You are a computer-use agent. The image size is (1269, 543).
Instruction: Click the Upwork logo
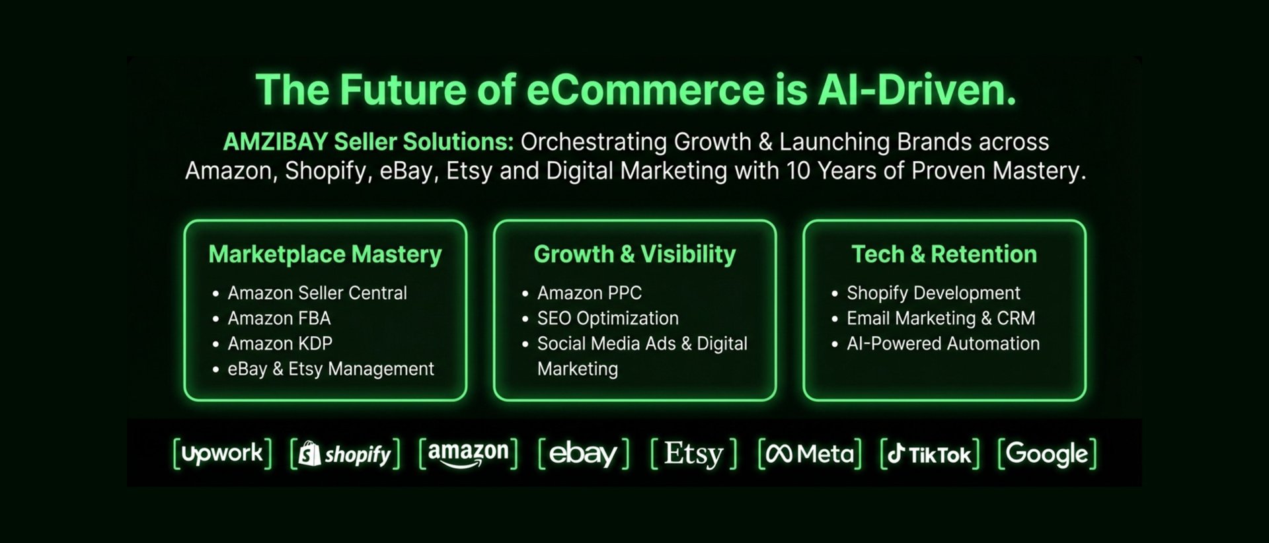coord(222,454)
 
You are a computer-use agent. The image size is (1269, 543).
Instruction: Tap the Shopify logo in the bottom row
coord(345,454)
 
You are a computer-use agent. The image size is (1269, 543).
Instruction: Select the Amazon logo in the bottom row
coord(468,453)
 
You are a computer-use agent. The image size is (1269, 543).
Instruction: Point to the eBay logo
coord(583,454)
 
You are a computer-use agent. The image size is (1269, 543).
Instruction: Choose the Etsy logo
coord(693,454)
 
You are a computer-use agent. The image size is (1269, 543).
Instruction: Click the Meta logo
coord(810,454)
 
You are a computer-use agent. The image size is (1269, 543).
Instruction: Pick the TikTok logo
coord(929,454)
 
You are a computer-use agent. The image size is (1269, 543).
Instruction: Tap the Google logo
coord(1047,454)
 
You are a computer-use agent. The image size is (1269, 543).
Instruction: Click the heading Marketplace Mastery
coord(325,254)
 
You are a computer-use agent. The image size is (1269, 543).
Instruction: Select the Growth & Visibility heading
coord(634,254)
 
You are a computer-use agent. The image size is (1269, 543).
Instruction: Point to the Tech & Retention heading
coord(944,254)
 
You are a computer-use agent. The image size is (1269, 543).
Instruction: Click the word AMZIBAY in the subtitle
coord(275,142)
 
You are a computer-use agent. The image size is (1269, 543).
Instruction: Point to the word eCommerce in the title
coord(645,90)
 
